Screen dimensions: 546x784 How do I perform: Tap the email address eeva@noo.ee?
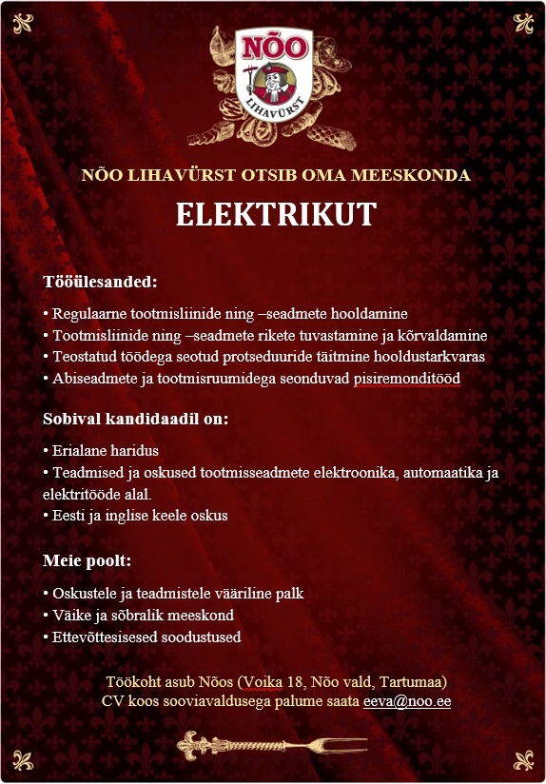click(407, 701)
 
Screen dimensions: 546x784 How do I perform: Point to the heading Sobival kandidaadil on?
click(136, 419)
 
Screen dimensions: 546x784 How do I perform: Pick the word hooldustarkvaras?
click(429, 357)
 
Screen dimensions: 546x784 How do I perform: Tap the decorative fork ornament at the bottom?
click(274, 741)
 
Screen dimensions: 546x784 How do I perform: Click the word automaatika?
click(432, 473)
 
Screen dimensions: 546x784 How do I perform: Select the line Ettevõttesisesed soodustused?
click(142, 637)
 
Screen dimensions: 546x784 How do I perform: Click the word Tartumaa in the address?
click(414, 682)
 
